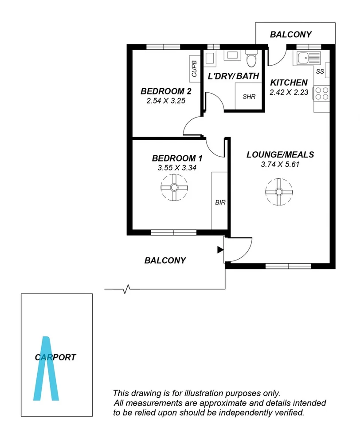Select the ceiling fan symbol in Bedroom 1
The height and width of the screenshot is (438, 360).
(174, 188)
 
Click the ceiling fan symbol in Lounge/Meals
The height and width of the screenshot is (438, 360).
(279, 192)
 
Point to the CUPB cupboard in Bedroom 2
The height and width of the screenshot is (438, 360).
(194, 69)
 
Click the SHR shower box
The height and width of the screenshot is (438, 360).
(249, 96)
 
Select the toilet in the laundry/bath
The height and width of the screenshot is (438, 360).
(251, 59)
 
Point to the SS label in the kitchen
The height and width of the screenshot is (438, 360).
(320, 71)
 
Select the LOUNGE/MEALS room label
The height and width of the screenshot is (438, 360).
(280, 155)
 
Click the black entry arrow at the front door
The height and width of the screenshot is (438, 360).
(220, 250)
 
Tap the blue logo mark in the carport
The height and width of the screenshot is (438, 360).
(46, 369)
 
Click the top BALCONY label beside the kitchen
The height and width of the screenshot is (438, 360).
(291, 34)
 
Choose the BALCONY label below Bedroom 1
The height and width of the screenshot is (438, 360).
(165, 260)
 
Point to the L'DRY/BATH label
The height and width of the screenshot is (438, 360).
(233, 76)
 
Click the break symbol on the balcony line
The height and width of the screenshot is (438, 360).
(127, 290)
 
